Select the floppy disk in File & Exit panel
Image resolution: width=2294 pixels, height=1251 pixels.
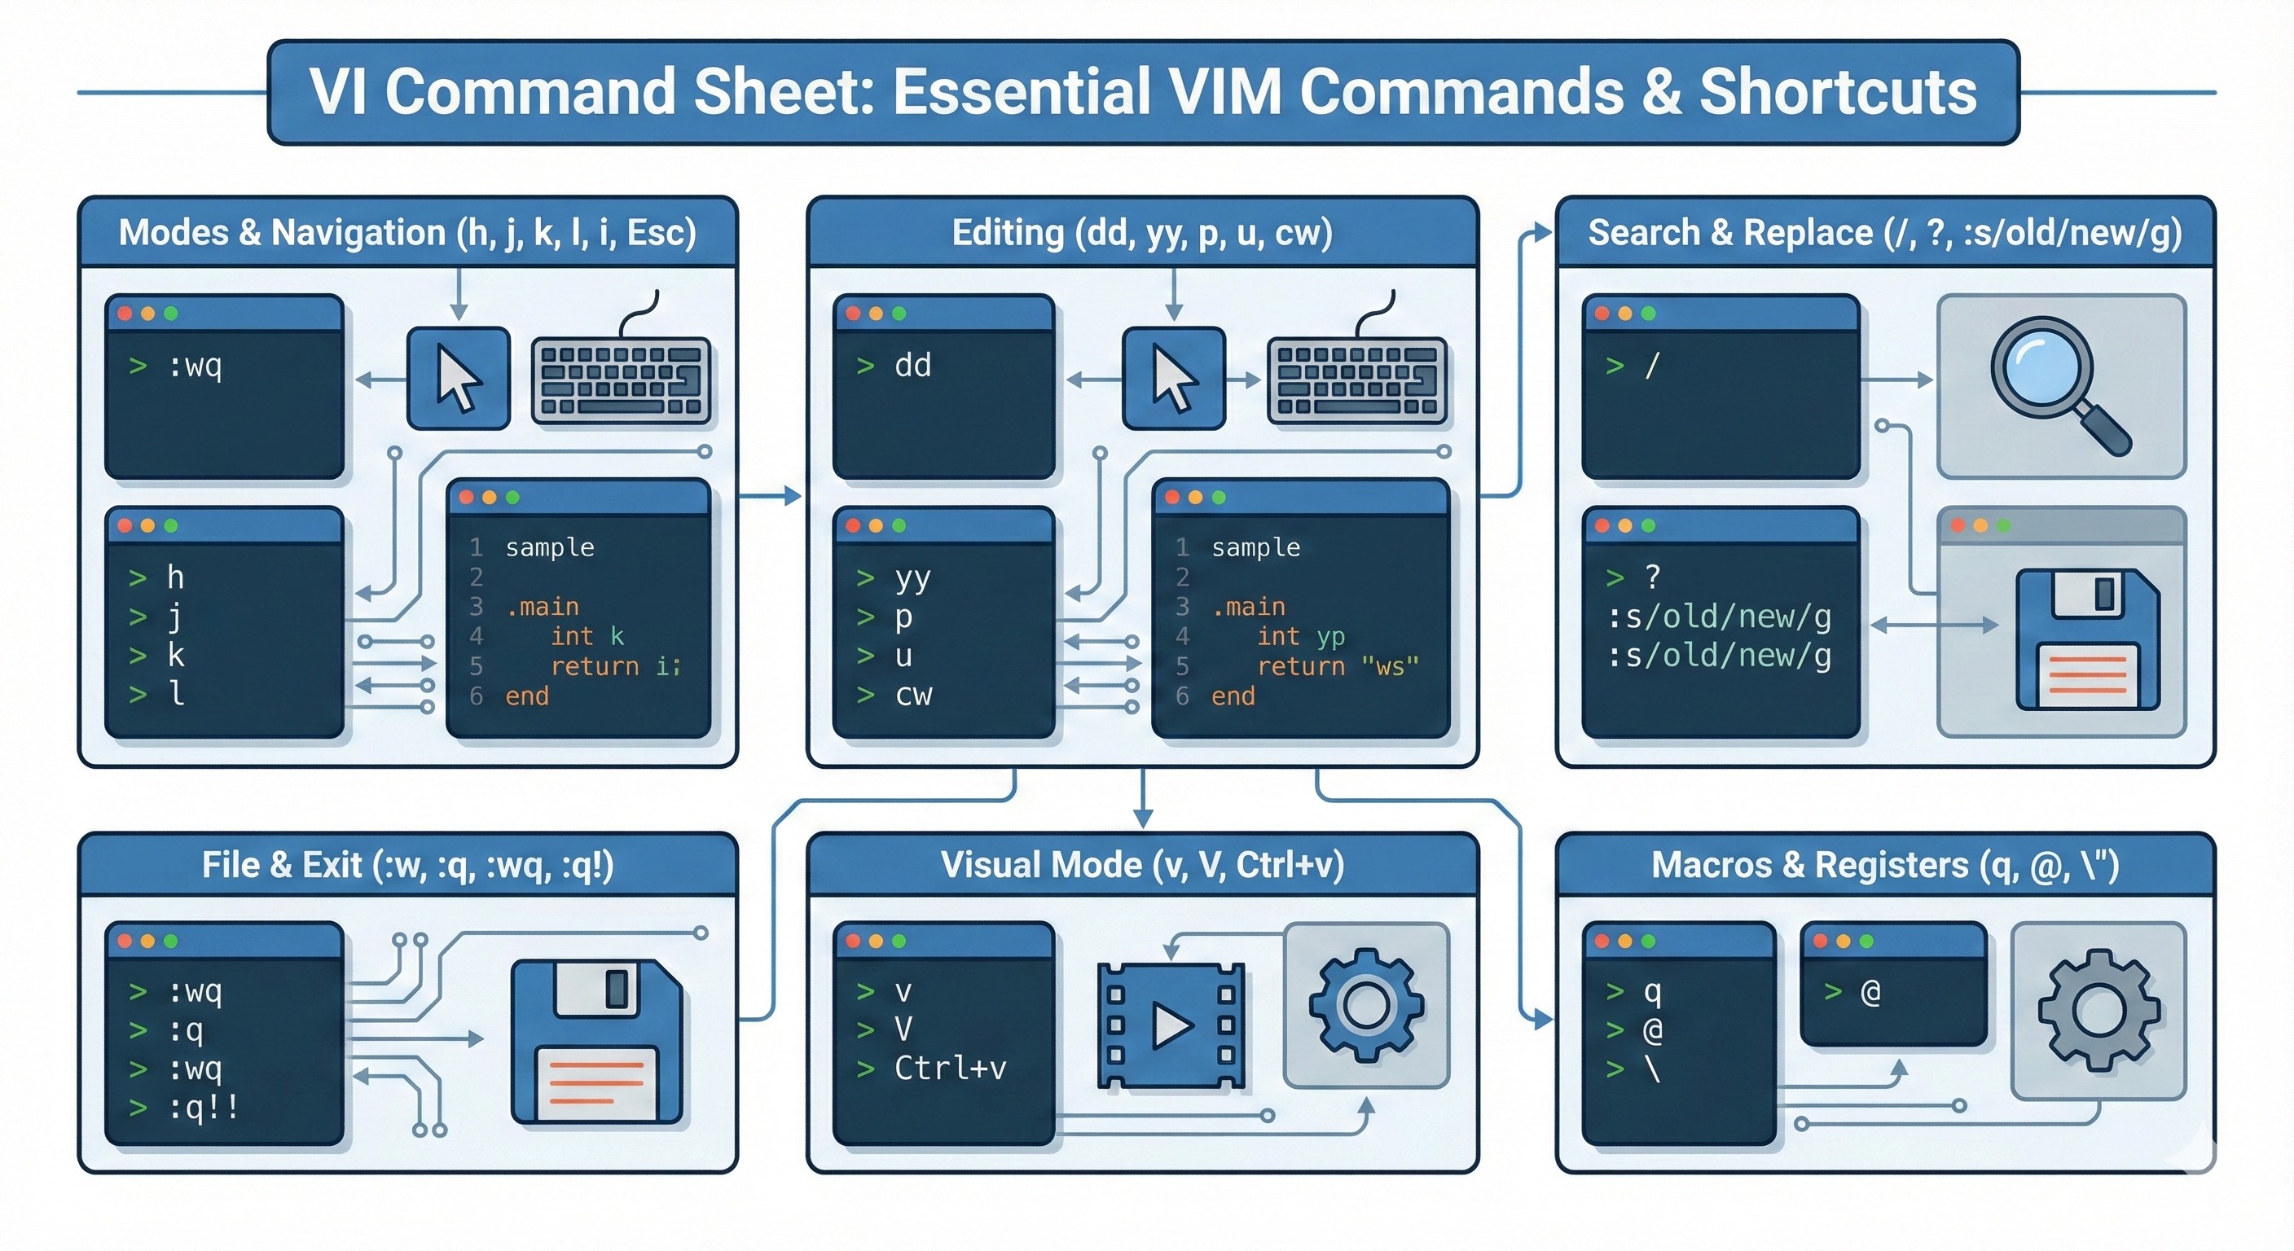596,1041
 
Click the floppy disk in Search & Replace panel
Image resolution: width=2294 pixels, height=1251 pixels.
2087,639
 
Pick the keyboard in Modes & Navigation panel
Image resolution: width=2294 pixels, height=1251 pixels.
621,380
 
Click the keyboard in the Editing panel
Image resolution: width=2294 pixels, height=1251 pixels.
1356,380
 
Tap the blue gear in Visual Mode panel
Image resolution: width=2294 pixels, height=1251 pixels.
1366,1005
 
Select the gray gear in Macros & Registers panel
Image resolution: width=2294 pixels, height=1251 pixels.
2099,1010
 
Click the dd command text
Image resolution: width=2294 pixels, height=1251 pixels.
912,365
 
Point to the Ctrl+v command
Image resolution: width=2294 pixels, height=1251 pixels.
949,1068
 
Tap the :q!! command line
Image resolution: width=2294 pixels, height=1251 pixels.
204,1108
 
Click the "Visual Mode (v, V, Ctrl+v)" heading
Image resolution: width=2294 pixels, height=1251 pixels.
1143,865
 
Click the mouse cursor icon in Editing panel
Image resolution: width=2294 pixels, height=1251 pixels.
1174,379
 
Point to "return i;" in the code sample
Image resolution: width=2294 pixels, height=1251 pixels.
615,666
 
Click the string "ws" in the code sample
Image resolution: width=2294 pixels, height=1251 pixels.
1389,666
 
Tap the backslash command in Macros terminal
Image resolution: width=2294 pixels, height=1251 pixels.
1653,1069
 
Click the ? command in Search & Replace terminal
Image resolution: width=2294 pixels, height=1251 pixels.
1653,577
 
